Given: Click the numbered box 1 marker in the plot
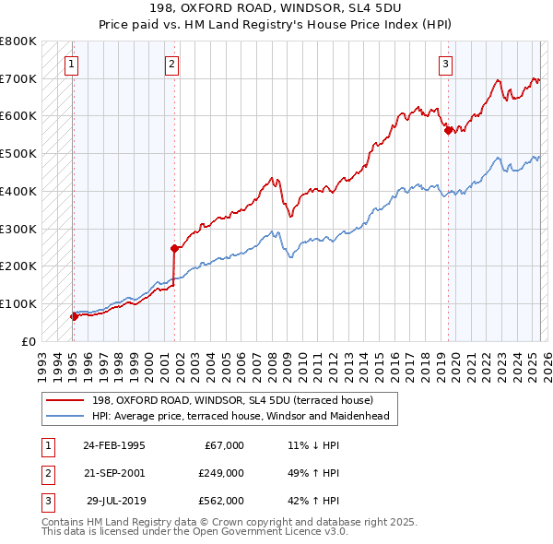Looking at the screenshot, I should (71, 64).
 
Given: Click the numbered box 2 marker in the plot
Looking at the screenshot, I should (171, 64).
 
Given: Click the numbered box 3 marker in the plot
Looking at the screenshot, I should (445, 64).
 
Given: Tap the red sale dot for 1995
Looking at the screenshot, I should (74, 316).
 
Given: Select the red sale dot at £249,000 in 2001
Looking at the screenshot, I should (174, 247).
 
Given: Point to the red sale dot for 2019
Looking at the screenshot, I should (448, 130).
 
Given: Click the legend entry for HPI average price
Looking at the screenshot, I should (241, 416).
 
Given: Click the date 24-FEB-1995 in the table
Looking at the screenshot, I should (113, 445).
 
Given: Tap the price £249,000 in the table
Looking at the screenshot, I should (221, 473).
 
